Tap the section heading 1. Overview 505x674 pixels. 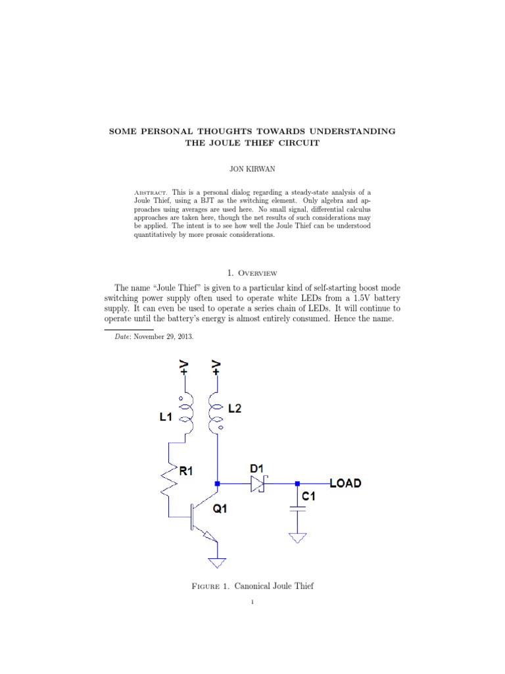pyautogui.click(x=252, y=272)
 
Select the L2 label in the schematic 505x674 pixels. pyautogui.click(x=234, y=408)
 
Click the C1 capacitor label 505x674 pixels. pyautogui.click(x=309, y=497)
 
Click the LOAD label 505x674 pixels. pyautogui.click(x=345, y=484)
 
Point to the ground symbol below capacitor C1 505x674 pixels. pyautogui.click(x=297, y=538)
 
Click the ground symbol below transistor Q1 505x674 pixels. pyautogui.click(x=217, y=563)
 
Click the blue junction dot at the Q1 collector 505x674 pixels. pyautogui.click(x=217, y=484)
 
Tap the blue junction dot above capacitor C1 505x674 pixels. pyautogui.click(x=297, y=484)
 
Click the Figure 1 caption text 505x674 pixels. pyautogui.click(x=252, y=586)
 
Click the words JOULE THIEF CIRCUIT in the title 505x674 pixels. pyautogui.click(x=252, y=143)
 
